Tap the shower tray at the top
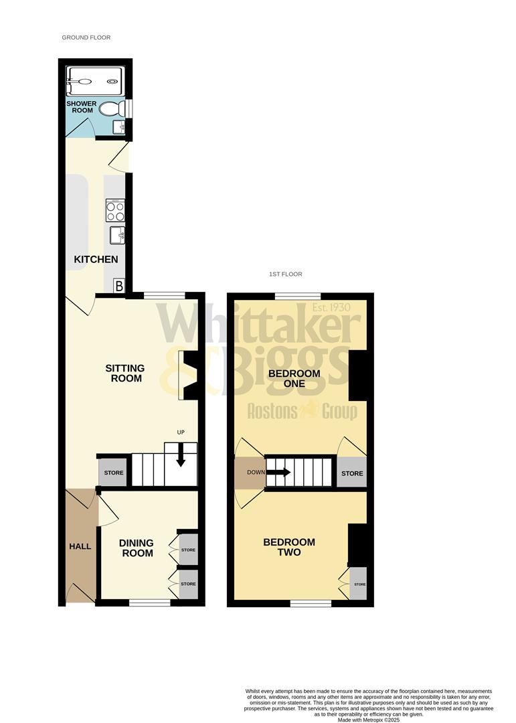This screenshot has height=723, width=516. pos(94,81)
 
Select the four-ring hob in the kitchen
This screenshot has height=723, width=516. pos(114,211)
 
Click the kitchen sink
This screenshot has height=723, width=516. pos(116,235)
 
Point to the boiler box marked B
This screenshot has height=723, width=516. pos(119,286)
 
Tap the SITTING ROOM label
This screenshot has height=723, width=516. pos(124,374)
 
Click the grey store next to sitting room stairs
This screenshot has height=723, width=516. pos(113,473)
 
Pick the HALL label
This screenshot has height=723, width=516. pos(80,546)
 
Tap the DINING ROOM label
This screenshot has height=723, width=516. pos(136,548)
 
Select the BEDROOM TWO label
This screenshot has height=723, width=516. pos(289,547)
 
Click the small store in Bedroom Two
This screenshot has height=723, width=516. pos(359,584)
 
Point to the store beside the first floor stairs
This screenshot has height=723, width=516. pos(351,473)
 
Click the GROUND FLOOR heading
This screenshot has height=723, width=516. pos(86,37)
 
